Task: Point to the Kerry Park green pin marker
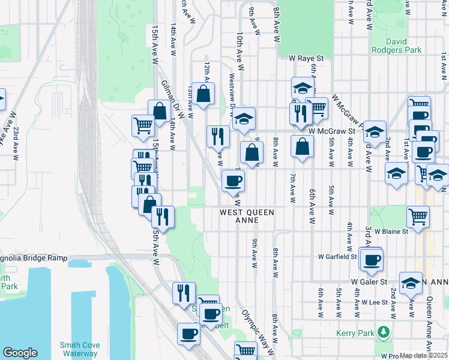tap(383, 332)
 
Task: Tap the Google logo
tap(20, 353)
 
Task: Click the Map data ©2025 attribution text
tap(423, 355)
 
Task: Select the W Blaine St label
tap(391, 230)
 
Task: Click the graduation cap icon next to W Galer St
tap(411, 284)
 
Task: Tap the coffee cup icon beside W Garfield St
tap(372, 259)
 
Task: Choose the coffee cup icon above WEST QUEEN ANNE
tap(233, 180)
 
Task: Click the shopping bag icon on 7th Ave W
tap(302, 146)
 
